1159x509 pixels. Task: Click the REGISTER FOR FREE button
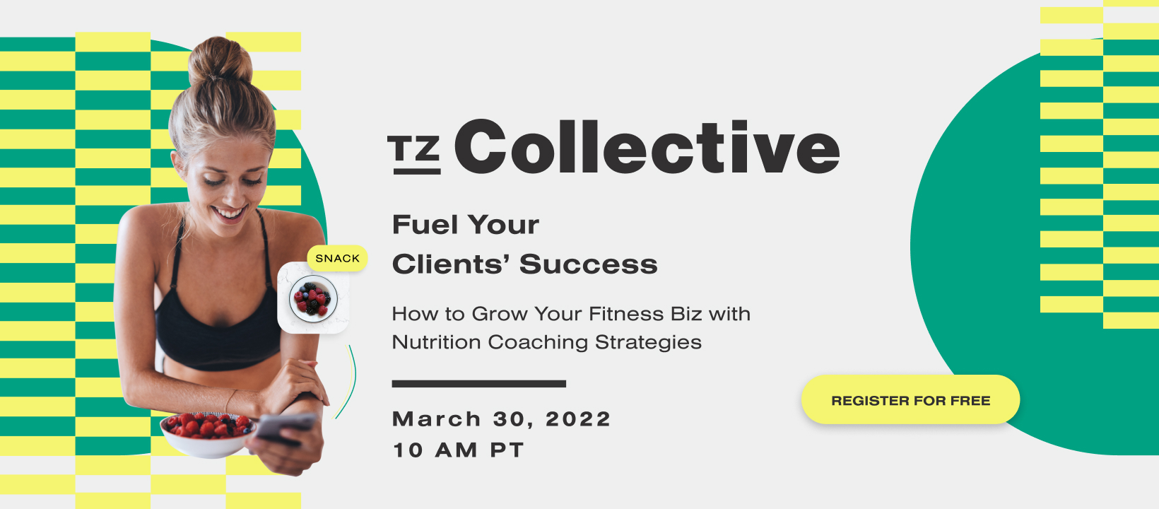coord(910,400)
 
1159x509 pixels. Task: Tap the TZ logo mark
coord(414,154)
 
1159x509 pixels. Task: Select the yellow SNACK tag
coord(337,258)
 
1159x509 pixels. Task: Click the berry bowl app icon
coord(313,298)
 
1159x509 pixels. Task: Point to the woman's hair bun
coord(220,62)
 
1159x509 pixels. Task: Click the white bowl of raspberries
coord(206,433)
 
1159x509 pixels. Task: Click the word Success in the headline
coord(588,264)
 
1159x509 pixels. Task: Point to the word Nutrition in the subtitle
coord(436,342)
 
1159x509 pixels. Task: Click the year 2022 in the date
coord(577,419)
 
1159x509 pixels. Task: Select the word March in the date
coord(437,419)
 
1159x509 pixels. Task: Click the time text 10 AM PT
coord(458,450)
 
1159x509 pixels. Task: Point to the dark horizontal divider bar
coord(478,384)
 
